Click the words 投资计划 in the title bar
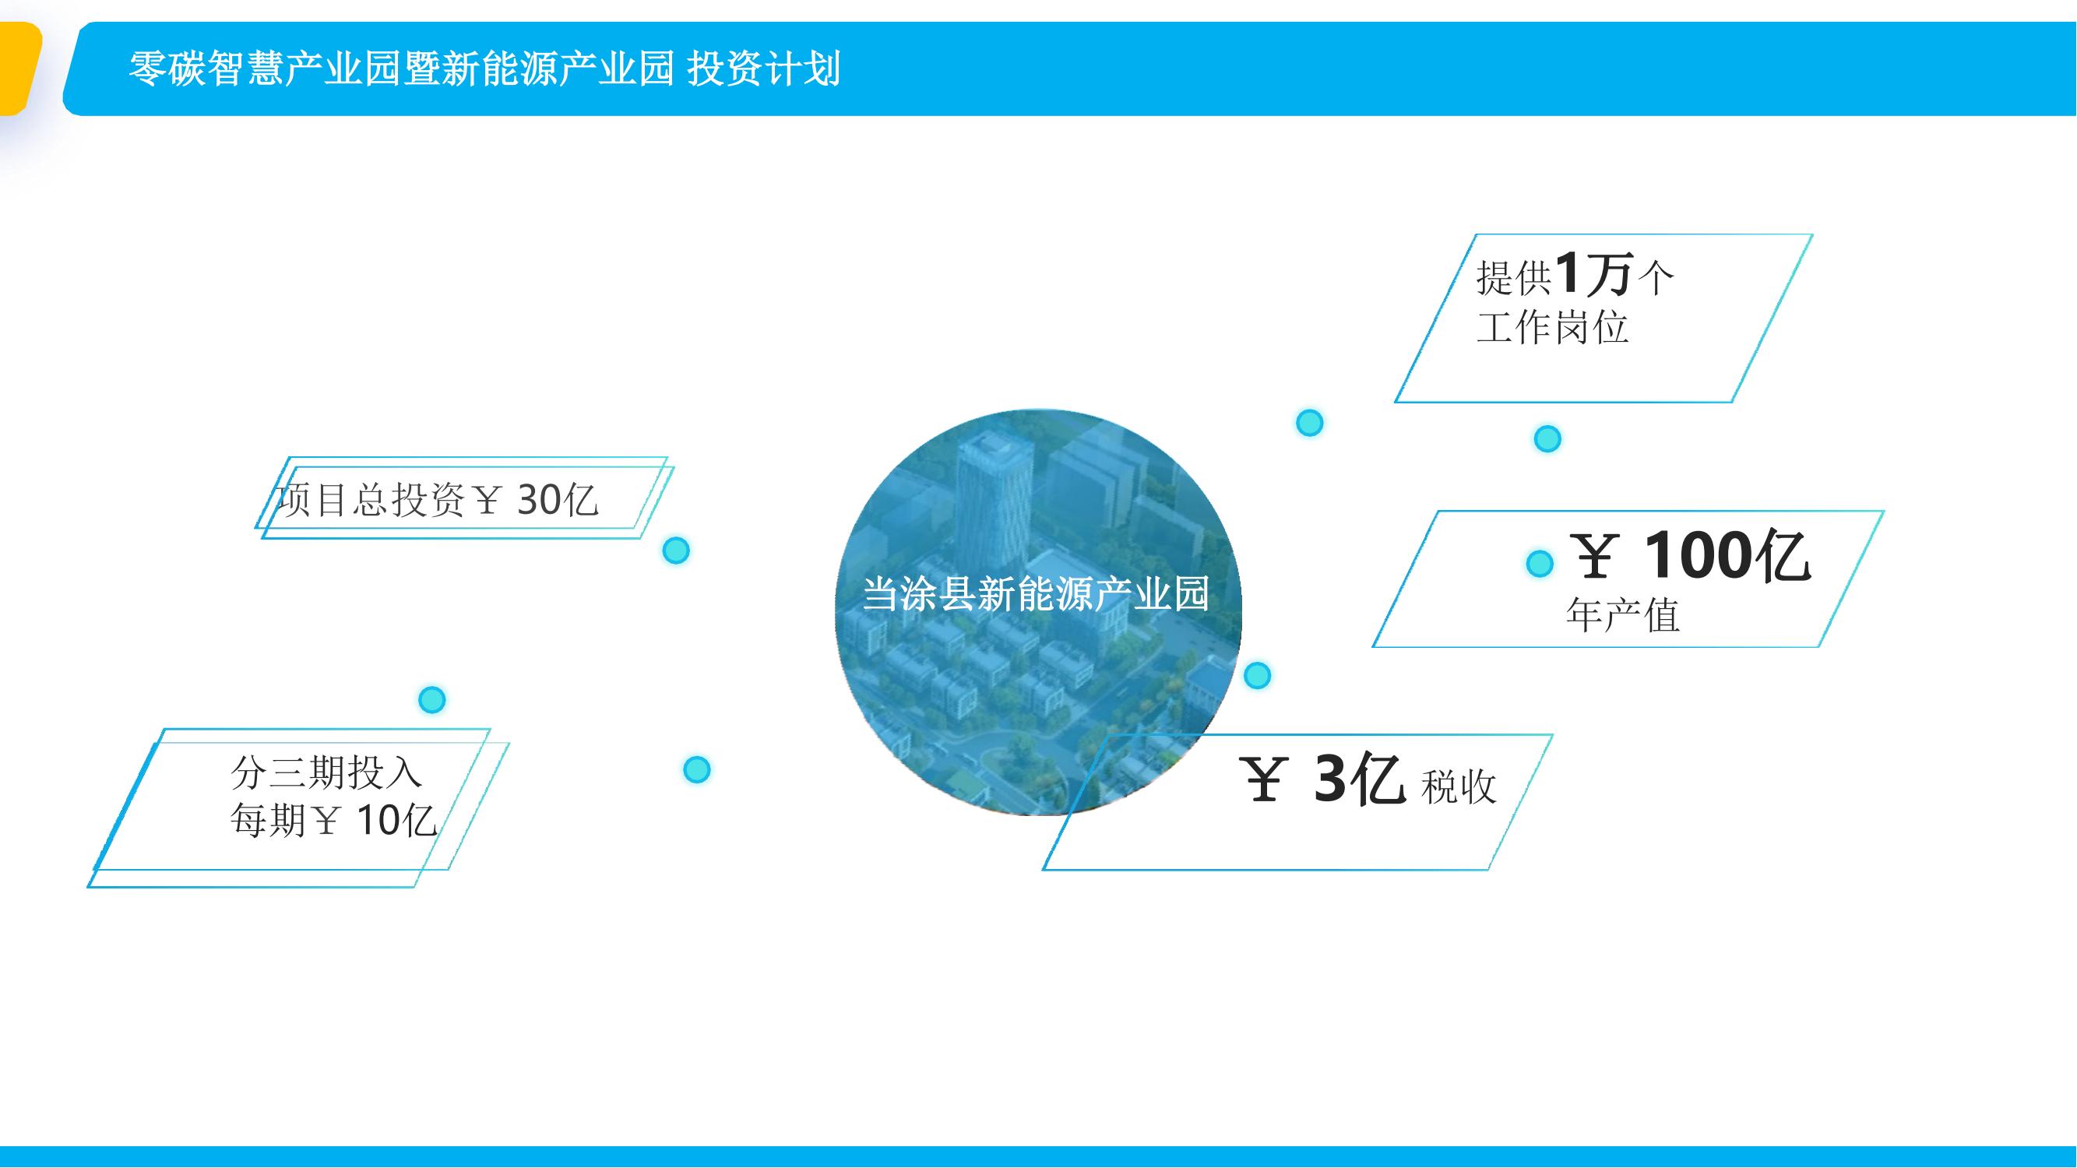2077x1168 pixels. pyautogui.click(x=763, y=68)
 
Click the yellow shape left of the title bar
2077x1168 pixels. pyautogui.click(x=18, y=69)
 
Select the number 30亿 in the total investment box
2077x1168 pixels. pyautogui.click(x=557, y=500)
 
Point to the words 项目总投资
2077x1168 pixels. pyautogui.click(x=370, y=500)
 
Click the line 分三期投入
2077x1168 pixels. pyautogui.click(x=326, y=772)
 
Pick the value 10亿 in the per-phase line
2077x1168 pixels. pyautogui.click(x=396, y=821)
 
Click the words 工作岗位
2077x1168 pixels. pyautogui.click(x=1552, y=327)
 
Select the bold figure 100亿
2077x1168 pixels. pyautogui.click(x=1727, y=555)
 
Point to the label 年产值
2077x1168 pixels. pyautogui.click(x=1622, y=616)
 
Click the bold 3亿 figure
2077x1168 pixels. pyautogui.click(x=1361, y=779)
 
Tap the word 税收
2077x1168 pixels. pyautogui.click(x=1459, y=786)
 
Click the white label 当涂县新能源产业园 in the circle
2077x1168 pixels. pyautogui.click(x=1036, y=595)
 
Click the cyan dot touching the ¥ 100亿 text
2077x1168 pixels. pyautogui.click(x=1539, y=564)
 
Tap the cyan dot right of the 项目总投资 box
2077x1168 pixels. pyautogui.click(x=676, y=551)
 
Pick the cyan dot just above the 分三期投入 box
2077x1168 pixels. pyautogui.click(x=432, y=699)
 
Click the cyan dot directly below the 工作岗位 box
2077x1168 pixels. pyautogui.click(x=1547, y=438)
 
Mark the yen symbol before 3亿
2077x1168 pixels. pyautogui.click(x=1263, y=779)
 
